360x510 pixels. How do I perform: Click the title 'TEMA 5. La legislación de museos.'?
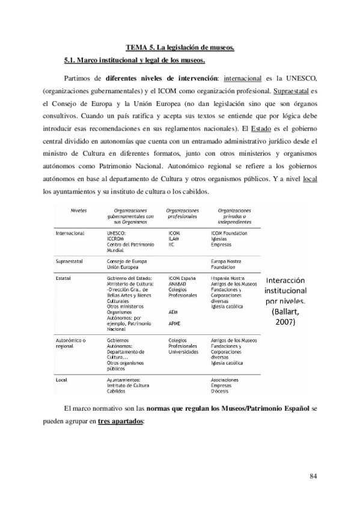[x=180, y=47]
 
